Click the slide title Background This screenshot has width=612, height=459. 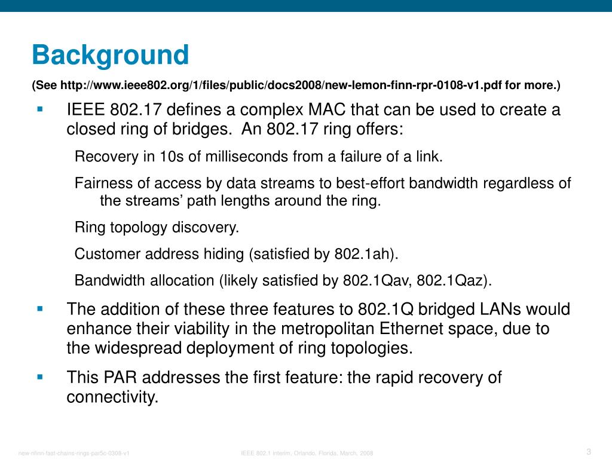click(x=111, y=55)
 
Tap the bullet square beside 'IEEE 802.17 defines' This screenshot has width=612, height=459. click(x=40, y=109)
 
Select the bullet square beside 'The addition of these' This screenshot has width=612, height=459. click(x=40, y=308)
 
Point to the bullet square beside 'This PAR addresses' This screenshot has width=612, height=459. click(x=40, y=377)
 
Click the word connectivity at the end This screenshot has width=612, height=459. click(x=112, y=397)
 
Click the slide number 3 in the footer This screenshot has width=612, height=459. click(x=589, y=451)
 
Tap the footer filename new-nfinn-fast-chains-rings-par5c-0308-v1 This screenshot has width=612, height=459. click(x=74, y=453)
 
